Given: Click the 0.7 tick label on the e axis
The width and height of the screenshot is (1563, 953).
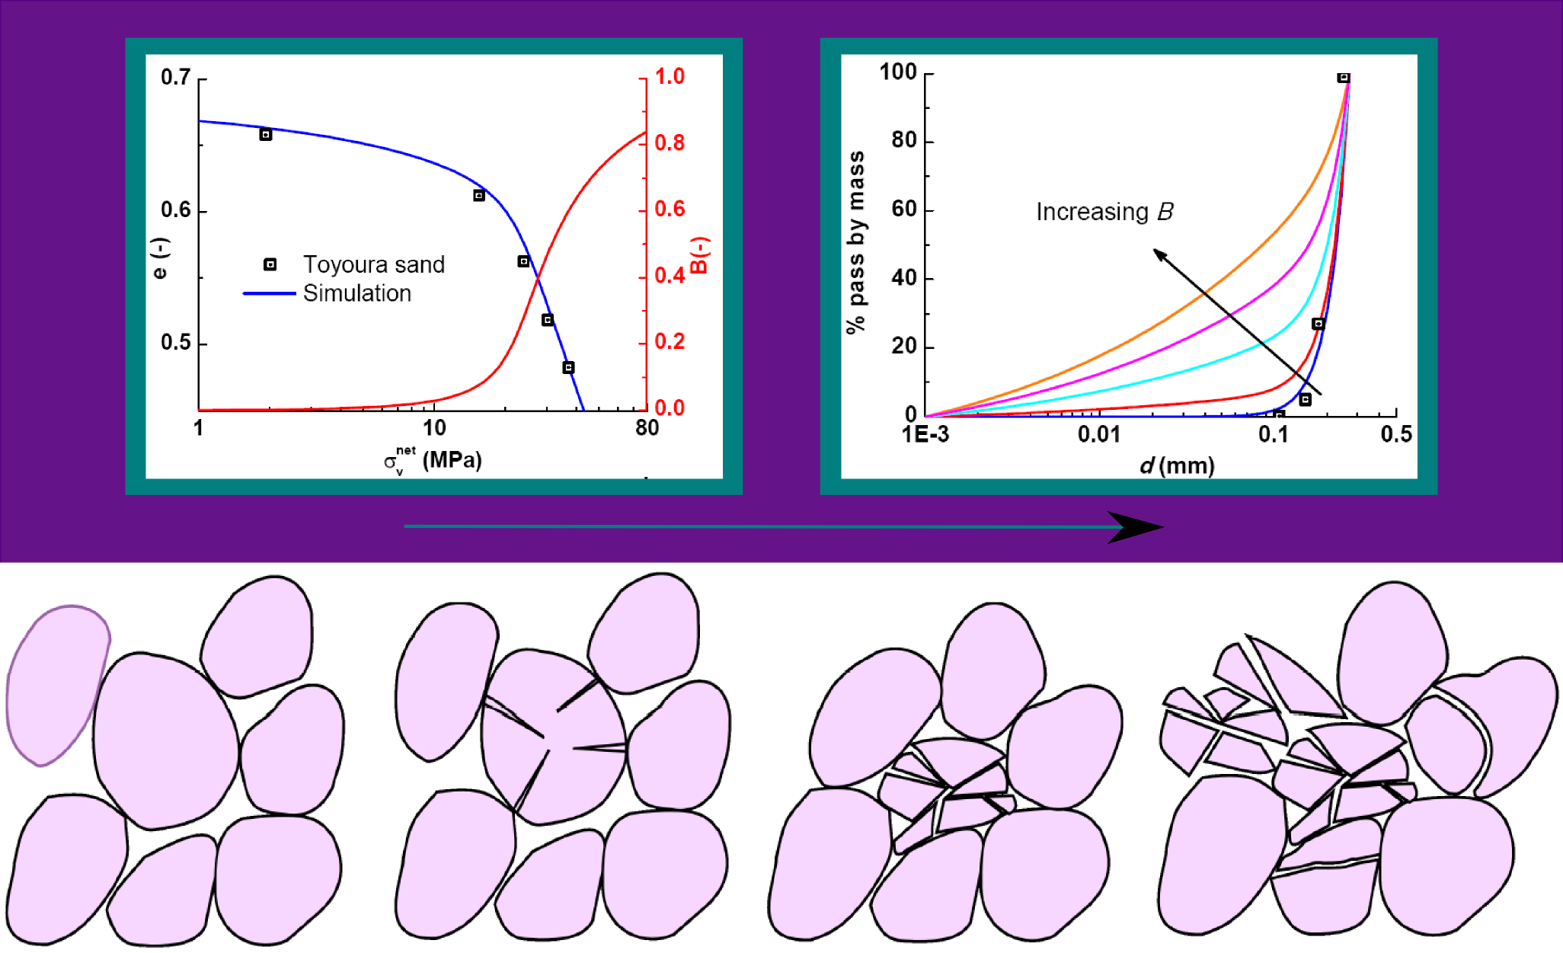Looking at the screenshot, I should (175, 77).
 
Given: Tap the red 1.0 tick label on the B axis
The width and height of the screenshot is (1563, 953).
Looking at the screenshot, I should (670, 76).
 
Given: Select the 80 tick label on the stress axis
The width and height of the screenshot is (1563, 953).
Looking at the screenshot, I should (647, 428).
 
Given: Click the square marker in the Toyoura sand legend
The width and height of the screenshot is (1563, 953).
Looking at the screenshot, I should (270, 264).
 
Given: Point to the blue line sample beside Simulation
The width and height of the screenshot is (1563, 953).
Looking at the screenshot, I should (269, 293).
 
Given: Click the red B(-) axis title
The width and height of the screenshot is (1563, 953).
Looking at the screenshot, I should (700, 254).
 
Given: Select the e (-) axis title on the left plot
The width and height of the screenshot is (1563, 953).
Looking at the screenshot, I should (160, 258).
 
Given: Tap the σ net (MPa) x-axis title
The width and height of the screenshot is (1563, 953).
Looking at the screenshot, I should (433, 460).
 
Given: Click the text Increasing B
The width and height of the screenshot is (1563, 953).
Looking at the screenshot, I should (1104, 212).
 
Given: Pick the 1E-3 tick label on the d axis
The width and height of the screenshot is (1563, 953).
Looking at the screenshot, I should (925, 435).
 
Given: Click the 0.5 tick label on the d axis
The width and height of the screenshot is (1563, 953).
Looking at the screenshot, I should (1395, 434).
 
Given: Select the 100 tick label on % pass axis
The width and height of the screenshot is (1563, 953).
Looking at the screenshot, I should (898, 72).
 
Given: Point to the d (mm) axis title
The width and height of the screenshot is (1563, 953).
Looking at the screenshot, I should (1177, 465).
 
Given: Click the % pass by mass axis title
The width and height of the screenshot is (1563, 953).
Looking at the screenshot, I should (856, 242).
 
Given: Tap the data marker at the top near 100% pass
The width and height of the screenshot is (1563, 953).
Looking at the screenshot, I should (1344, 78).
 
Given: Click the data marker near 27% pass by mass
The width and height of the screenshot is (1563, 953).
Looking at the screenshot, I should (1318, 324).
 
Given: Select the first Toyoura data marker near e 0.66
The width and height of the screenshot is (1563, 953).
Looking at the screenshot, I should (266, 135).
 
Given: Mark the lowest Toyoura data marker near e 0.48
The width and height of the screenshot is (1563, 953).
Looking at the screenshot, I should (568, 368).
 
